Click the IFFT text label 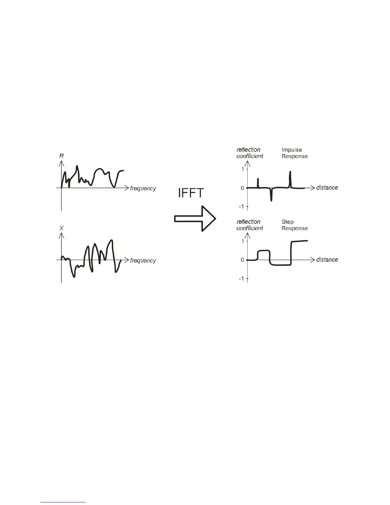[x=190, y=193]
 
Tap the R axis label [x=61, y=156]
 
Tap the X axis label [x=61, y=228]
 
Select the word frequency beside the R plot [x=143, y=188]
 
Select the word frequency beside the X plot [x=143, y=260]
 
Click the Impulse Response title [x=294, y=153]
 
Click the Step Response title [x=294, y=225]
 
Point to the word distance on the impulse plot [x=327, y=187]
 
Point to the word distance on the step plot [x=327, y=260]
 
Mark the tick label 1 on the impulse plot [x=242, y=169]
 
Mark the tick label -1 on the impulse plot [x=241, y=207]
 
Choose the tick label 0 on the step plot [x=242, y=260]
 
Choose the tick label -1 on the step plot [x=241, y=279]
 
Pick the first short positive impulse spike [x=258, y=183]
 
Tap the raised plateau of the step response [x=264, y=251]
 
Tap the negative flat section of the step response [x=280, y=265]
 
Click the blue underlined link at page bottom [x=63, y=502]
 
